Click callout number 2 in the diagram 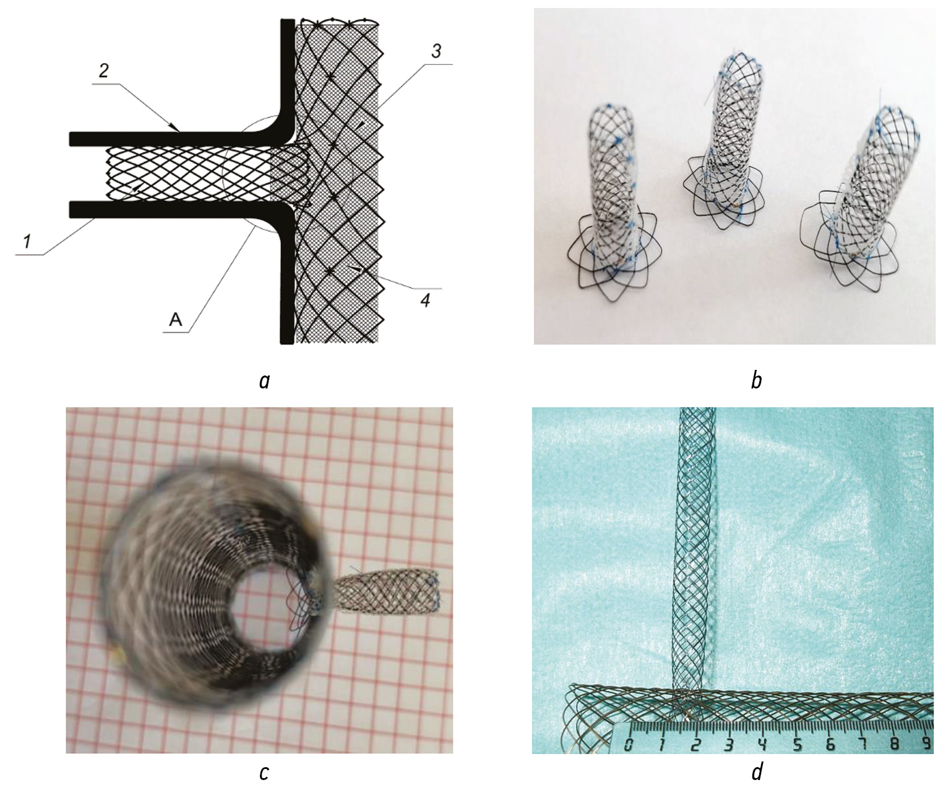point(104,71)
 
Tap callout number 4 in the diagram point(426,301)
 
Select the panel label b point(756,379)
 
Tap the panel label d point(757,772)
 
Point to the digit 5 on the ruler point(798,744)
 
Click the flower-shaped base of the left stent point(613,267)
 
